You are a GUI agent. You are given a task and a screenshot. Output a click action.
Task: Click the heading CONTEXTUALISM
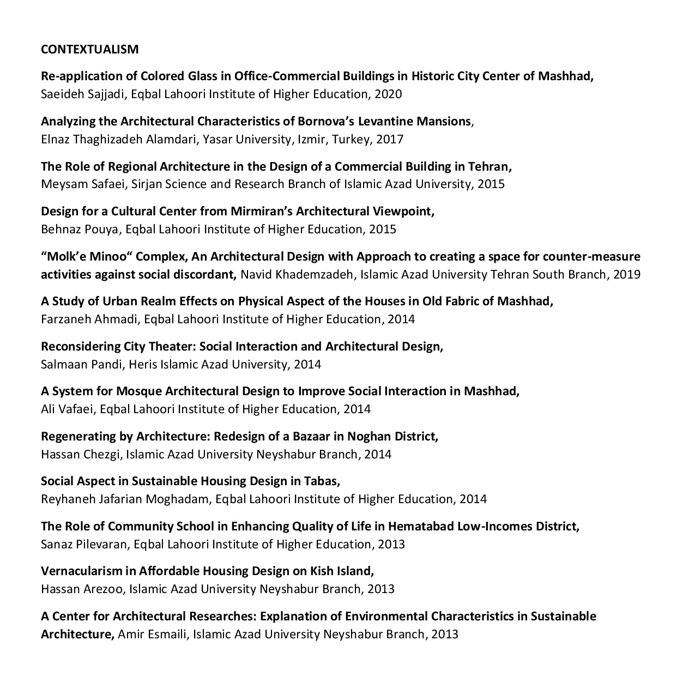(89, 50)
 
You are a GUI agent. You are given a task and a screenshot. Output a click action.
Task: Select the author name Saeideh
(63, 94)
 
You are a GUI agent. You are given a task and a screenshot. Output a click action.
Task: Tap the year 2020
(388, 94)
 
